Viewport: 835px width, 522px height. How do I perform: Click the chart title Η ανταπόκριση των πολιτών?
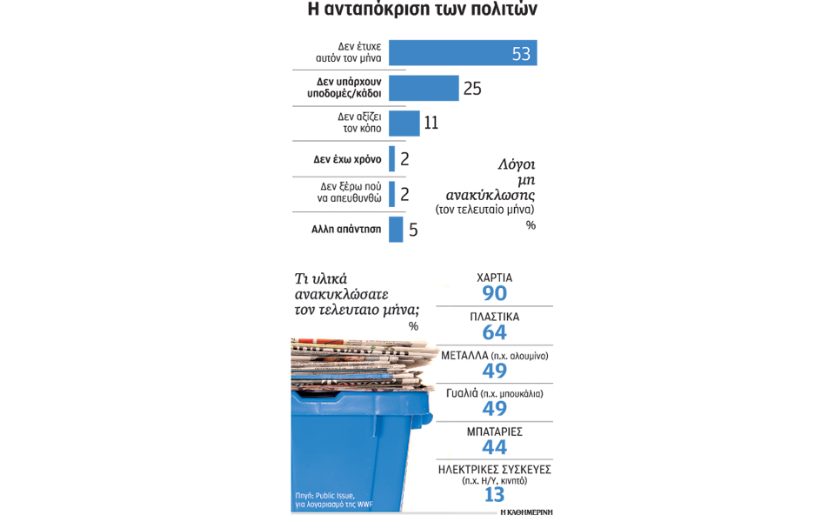[x=422, y=10]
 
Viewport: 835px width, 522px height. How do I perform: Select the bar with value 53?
[x=462, y=53]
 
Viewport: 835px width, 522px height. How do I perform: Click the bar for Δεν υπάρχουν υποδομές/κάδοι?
[x=423, y=88]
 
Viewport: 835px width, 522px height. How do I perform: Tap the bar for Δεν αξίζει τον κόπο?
[x=404, y=123]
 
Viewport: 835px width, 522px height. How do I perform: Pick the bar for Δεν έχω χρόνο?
[x=392, y=158]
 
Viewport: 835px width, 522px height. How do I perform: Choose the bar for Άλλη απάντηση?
[x=396, y=230]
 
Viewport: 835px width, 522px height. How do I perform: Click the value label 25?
[x=472, y=89]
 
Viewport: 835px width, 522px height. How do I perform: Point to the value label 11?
[x=431, y=124]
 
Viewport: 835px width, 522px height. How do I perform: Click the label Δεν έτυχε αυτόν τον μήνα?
[x=348, y=52]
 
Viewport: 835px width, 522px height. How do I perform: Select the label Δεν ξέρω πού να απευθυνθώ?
[x=350, y=192]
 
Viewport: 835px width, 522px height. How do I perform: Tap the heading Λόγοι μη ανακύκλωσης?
[x=492, y=180]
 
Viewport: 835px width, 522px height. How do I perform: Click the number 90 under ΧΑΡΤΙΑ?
[x=494, y=294]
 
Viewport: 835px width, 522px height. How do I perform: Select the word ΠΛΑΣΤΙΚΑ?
[x=494, y=317]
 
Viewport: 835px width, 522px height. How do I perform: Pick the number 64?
[x=494, y=332]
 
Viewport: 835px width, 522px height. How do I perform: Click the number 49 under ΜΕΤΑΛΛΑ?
[x=494, y=371]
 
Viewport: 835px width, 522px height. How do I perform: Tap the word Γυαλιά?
[x=462, y=393]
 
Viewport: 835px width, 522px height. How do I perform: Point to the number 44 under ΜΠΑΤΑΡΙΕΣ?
[x=494, y=447]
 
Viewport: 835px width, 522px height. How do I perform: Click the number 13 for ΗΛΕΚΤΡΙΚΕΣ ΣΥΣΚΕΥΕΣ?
[x=494, y=495]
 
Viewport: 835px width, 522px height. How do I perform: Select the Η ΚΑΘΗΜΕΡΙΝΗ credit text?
[x=526, y=512]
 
